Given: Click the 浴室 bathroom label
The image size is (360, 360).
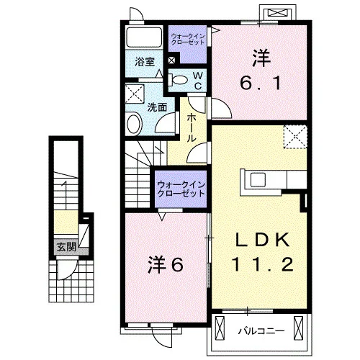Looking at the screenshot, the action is pos(145,62).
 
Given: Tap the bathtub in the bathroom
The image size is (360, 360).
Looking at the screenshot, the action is pos(144,37).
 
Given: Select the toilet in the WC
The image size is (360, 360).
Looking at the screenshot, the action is pos(178,80).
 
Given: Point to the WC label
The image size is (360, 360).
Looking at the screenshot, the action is pos(198,81).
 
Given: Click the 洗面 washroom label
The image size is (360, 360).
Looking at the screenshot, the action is pos(157,107).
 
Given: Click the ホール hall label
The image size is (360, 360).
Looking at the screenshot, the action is pos(192,127).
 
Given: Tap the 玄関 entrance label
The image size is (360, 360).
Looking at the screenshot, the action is pos(66,247).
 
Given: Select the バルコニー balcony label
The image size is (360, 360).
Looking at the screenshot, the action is pos(261,331).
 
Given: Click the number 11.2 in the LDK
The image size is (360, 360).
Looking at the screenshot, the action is pos(263,264).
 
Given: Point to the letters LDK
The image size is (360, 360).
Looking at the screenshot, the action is pos(263,240).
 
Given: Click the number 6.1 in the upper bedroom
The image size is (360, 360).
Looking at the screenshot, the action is pos(261,83).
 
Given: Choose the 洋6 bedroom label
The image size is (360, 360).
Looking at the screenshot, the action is pos(166,265).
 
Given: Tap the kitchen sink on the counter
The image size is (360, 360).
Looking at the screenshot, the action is pos(258,180).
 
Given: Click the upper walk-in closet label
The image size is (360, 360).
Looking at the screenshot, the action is pos(187,39).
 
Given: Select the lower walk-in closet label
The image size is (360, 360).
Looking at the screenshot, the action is pos(181,189).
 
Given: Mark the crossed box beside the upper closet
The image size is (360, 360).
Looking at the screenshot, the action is pos(171,60).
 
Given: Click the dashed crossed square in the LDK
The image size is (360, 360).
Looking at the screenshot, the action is pos(295,137).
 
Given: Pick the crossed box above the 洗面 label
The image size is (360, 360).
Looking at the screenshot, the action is pos(135,94).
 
